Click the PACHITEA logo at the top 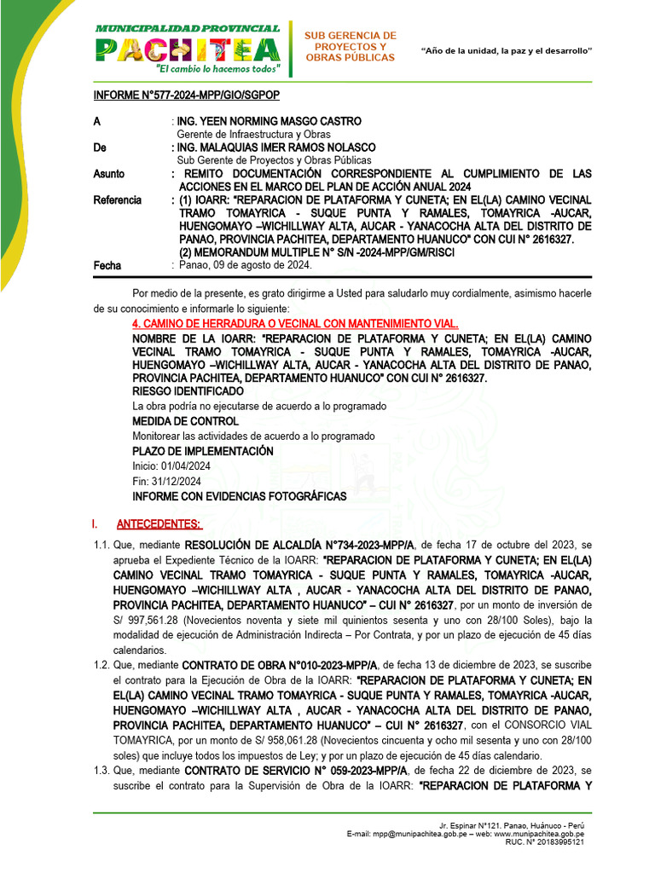click(188, 48)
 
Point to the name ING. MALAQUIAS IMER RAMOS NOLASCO click(275, 147)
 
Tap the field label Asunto click(109, 174)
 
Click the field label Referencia click(118, 199)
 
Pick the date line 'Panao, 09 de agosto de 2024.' click(246, 265)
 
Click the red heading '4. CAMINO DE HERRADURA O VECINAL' click(295, 324)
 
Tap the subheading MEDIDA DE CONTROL click(185, 421)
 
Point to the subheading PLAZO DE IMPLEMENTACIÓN click(203, 451)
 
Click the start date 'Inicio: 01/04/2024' click(171, 466)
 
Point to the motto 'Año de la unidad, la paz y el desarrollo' click(507, 51)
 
